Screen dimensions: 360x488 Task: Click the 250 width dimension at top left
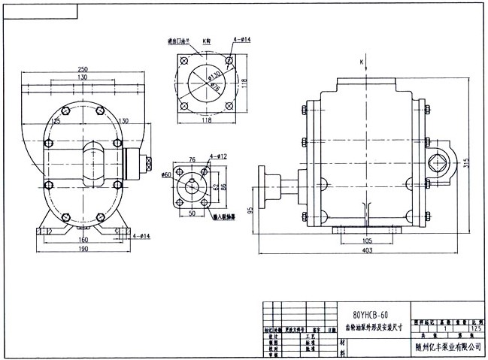[x=81, y=69]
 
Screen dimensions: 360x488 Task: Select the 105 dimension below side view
[x=367, y=241]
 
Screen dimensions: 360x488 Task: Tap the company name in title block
[x=447, y=346]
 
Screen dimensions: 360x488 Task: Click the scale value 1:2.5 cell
[x=474, y=328]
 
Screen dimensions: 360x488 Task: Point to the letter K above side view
[x=362, y=60]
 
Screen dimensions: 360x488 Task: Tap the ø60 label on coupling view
[x=167, y=174]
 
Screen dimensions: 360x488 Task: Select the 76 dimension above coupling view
[x=192, y=159]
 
